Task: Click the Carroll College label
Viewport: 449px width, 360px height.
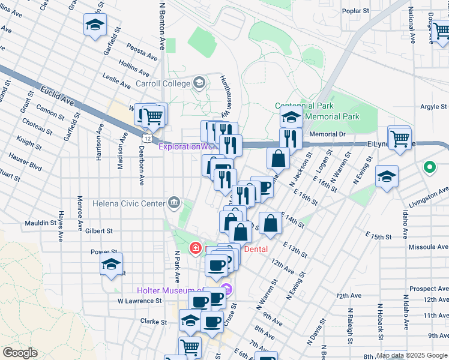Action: click(x=163, y=83)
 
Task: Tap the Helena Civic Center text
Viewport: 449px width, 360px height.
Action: click(x=128, y=203)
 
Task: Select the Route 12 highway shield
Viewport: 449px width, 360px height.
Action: click(x=146, y=138)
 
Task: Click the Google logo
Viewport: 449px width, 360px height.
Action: click(x=20, y=353)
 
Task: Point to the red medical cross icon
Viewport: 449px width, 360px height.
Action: click(x=195, y=248)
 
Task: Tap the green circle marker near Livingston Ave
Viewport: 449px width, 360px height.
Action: click(x=429, y=167)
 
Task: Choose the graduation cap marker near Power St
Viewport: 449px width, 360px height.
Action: click(x=111, y=264)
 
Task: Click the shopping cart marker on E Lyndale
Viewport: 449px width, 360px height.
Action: click(x=399, y=138)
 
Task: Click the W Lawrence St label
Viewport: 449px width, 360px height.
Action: click(x=139, y=301)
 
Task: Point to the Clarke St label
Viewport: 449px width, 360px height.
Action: click(x=153, y=322)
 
